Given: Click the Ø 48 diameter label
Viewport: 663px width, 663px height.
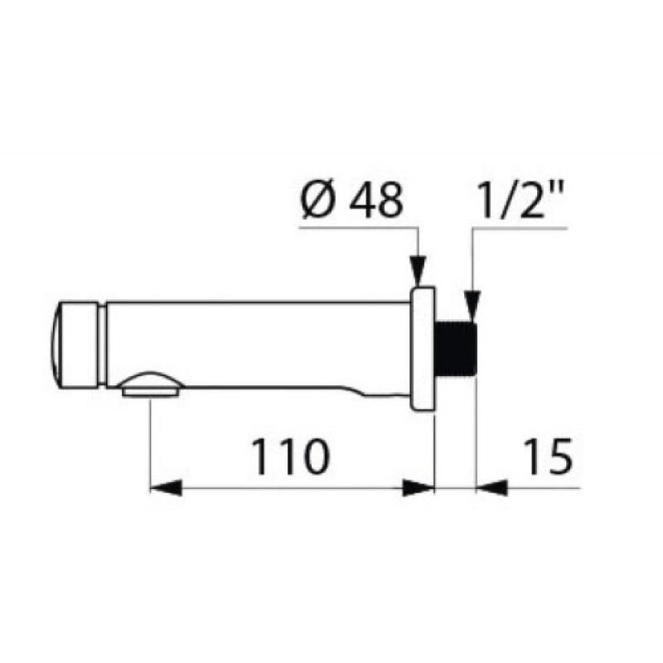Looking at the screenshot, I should [x=352, y=201].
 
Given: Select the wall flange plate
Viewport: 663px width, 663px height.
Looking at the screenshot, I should [x=423, y=349].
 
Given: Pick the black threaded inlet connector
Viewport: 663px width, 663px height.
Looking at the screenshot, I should [x=454, y=349].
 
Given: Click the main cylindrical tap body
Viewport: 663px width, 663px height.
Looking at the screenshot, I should [x=257, y=344].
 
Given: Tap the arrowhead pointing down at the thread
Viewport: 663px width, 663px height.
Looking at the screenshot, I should [x=472, y=304].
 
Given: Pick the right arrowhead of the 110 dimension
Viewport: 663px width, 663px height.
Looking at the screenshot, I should [x=418, y=488].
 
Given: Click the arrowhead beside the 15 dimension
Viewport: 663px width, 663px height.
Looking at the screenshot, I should [x=491, y=488].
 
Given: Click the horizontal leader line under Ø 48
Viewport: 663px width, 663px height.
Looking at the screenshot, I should [x=356, y=226].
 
